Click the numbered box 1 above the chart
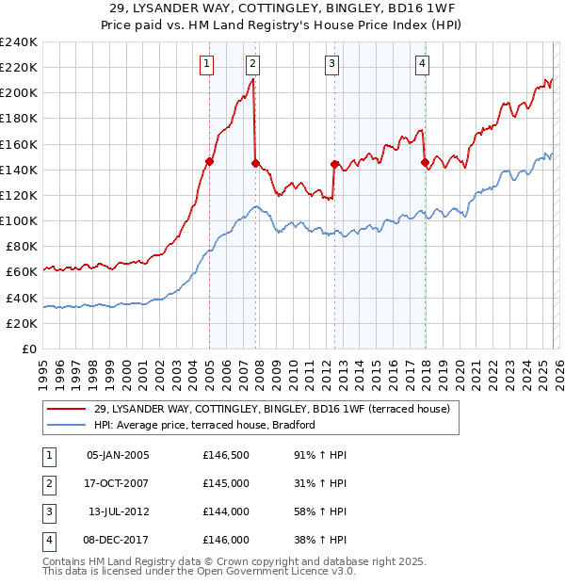pos(206,64)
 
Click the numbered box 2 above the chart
pos(253,64)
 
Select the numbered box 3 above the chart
pos(332,64)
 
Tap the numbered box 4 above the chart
pos(423,64)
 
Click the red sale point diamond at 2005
pos(209,161)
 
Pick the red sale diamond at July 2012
pos(334,164)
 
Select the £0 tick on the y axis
pos(28,349)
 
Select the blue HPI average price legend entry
pos(204,425)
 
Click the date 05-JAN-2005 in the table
pos(118,454)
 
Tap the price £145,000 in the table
pos(226,483)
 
